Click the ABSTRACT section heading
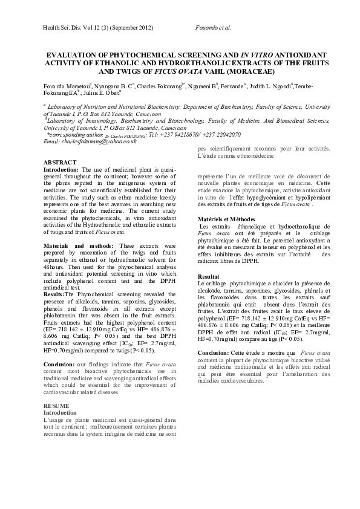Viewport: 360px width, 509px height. (60, 163)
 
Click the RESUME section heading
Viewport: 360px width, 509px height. (57, 388)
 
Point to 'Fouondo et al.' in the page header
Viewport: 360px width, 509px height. (214, 28)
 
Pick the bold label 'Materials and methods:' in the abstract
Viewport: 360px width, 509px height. (78, 246)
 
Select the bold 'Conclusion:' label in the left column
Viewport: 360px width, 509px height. (61, 365)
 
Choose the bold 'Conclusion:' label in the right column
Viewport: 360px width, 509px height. (213, 352)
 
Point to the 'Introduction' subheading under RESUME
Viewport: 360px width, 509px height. (61, 395)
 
